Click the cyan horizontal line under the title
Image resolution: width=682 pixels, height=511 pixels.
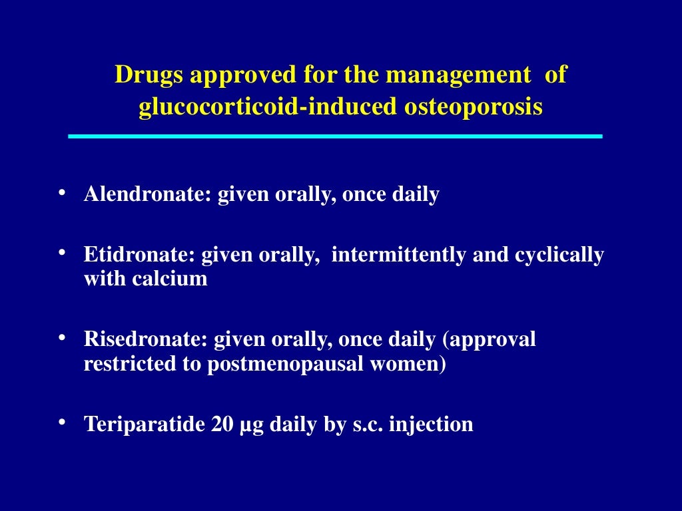[x=335, y=136]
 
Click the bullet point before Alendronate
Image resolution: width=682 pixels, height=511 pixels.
[x=62, y=193]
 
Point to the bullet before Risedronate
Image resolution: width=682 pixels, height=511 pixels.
[x=62, y=337]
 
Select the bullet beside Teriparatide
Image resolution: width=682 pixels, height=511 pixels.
[x=62, y=422]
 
